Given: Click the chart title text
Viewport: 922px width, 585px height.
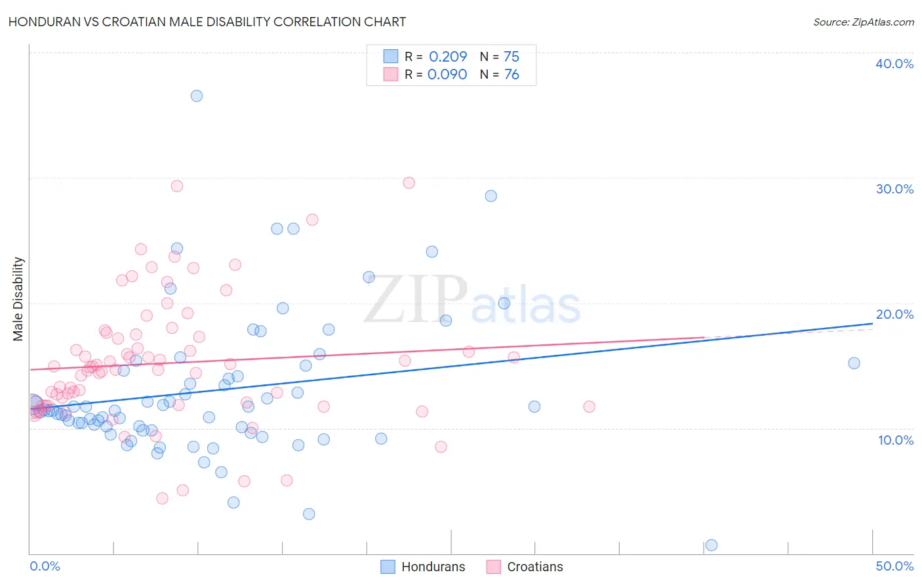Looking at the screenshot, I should point(207,22).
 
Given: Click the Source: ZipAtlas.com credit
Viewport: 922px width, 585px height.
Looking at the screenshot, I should point(863,22).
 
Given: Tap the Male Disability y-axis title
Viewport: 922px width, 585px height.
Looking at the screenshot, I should point(18,298).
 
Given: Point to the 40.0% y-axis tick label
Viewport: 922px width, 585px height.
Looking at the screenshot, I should point(894,64).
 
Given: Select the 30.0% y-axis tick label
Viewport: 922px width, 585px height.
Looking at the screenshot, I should point(894,189).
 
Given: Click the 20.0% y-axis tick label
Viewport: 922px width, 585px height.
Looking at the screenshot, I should point(894,314).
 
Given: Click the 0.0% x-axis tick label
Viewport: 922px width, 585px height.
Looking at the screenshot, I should point(45,566).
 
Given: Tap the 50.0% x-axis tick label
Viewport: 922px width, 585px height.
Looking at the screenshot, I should point(894,566).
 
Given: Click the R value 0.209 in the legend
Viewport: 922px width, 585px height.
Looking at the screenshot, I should point(448,56).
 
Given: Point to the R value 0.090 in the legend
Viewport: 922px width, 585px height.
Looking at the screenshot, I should point(447,74).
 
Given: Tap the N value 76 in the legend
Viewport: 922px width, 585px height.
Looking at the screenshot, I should point(511,74).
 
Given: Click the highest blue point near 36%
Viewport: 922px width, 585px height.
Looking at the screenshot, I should point(197,96).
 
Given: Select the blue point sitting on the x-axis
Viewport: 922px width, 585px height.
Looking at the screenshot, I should point(711,545).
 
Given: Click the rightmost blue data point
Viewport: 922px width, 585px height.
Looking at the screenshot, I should point(854,363).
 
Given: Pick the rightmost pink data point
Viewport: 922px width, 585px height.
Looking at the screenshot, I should point(589,407).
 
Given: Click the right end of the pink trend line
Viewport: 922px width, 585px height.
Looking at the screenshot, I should point(704,337).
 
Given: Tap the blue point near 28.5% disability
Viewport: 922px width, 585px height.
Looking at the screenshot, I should point(491,196).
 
